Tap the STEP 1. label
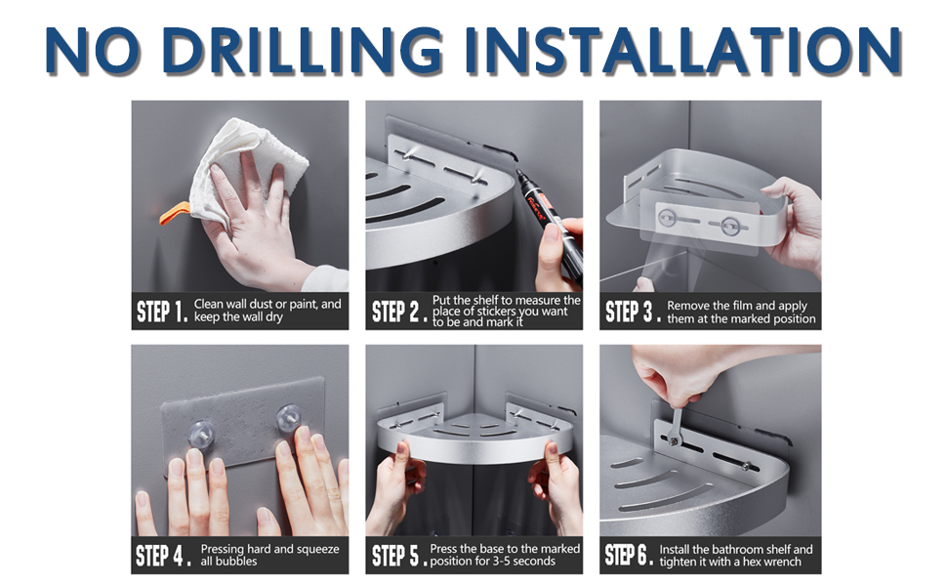click(162, 313)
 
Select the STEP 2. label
click(396, 313)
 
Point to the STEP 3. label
click(632, 313)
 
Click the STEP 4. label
click(163, 555)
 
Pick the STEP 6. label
click(629, 555)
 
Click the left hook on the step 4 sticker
click(200, 434)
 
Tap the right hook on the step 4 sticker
click(289, 418)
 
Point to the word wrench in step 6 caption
click(782, 562)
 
